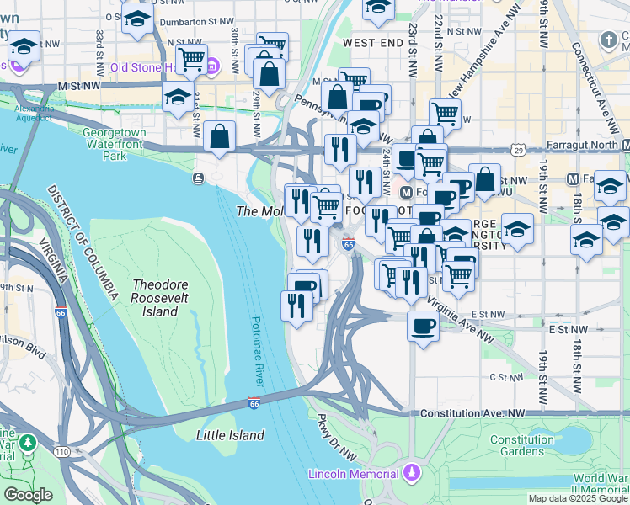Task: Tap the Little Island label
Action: point(230,435)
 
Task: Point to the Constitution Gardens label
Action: point(522,446)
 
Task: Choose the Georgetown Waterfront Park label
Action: point(115,144)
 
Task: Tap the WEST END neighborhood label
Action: point(368,42)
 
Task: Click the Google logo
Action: point(28,495)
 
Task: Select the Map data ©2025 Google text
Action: point(578,498)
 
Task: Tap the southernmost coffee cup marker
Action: point(423,325)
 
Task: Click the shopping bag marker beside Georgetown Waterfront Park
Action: point(219,137)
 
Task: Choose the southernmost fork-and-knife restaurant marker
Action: point(296,306)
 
